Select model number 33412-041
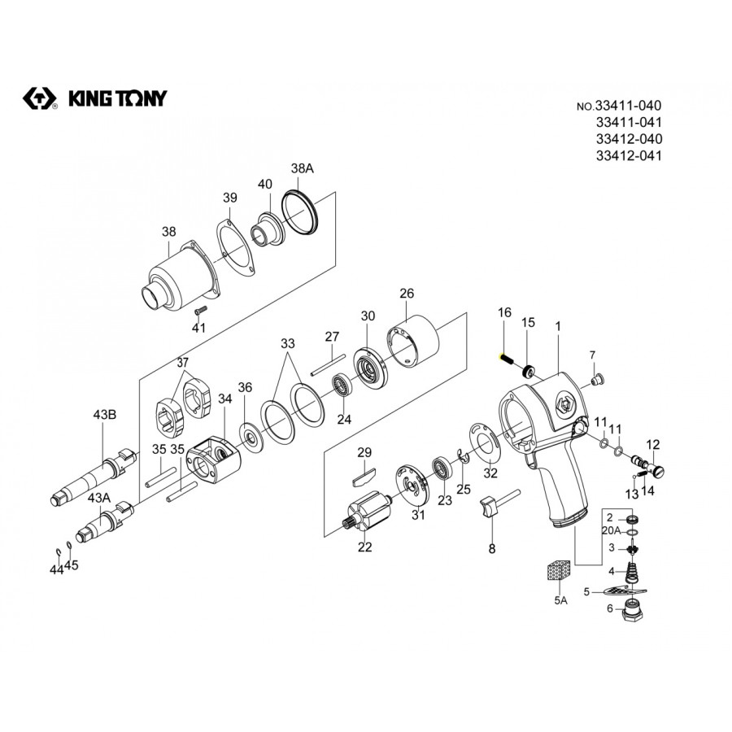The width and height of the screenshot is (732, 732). [628, 155]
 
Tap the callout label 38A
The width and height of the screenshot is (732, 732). [302, 168]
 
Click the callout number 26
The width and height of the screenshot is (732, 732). [407, 294]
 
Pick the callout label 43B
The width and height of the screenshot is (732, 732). [105, 415]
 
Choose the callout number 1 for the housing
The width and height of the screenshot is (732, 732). [559, 325]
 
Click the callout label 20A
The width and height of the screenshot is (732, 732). [611, 530]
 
